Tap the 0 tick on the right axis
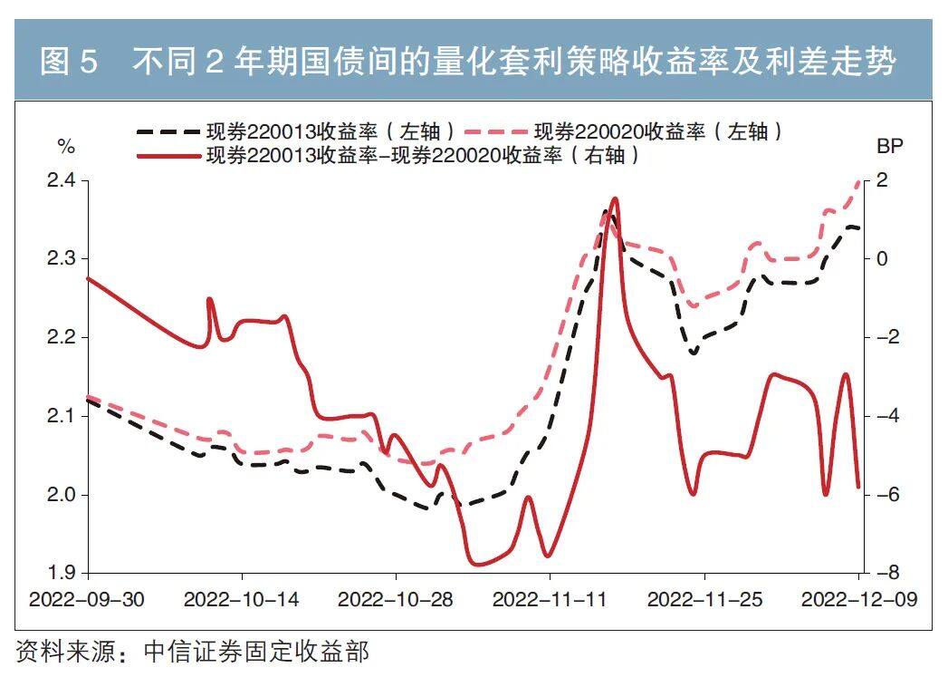click(883, 259)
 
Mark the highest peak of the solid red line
click(615, 198)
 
